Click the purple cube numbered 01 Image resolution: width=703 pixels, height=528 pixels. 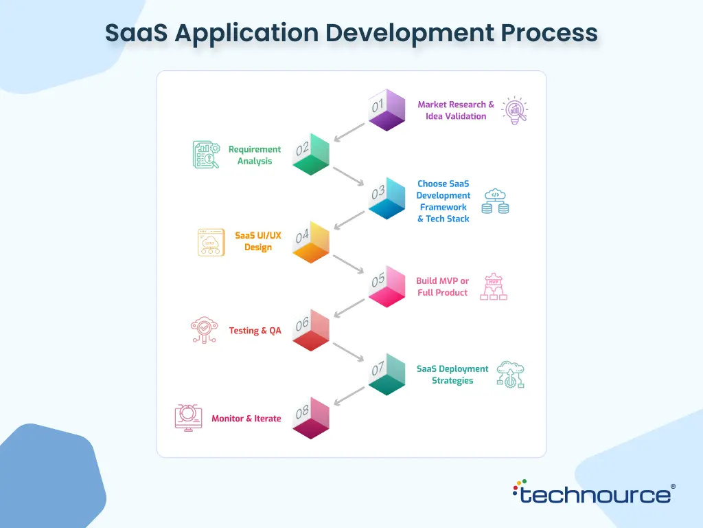pos(387,110)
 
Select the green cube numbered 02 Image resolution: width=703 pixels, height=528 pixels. pos(311,154)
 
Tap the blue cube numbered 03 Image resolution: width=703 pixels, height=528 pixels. pos(387,198)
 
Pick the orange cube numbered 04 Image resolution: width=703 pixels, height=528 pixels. pos(311,242)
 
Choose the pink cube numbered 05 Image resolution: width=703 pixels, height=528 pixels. pos(387,286)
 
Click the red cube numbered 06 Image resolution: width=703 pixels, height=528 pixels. pos(311,330)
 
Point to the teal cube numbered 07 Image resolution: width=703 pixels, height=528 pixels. pos(387,374)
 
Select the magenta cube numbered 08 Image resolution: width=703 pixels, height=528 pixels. pos(311,418)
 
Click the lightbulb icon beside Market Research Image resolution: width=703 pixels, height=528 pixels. pos(515,110)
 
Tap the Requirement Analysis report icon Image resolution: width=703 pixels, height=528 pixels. pos(206,155)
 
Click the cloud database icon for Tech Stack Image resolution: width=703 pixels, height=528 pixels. pos(495,201)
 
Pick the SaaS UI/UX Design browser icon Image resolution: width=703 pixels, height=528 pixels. pos(211,243)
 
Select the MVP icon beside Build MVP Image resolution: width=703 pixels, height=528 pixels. pos(494,287)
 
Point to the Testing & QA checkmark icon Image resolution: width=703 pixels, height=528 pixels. pos(205,330)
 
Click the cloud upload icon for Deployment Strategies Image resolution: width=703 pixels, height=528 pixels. pos(510,375)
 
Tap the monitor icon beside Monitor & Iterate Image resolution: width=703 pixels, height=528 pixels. pos(188,418)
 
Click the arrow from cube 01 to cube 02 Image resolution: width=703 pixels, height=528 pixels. pos(349,133)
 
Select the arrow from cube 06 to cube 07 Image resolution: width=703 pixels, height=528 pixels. pos(348,352)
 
